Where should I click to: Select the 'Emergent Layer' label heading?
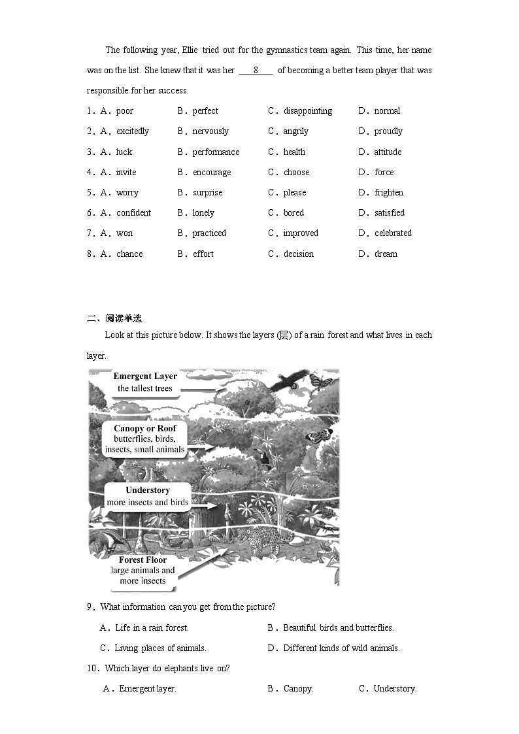click(x=145, y=376)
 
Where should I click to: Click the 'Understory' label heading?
click(x=148, y=490)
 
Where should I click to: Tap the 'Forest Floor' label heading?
click(x=142, y=560)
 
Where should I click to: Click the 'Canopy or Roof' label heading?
click(x=145, y=429)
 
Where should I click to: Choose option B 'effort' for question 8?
click(x=203, y=254)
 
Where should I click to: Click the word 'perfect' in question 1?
click(x=205, y=111)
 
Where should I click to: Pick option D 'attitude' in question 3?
click(x=388, y=152)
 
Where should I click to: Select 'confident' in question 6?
click(x=133, y=213)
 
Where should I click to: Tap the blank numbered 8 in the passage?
click(x=256, y=71)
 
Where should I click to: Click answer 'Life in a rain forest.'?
click(x=152, y=628)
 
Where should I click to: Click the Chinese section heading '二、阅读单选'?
click(x=114, y=319)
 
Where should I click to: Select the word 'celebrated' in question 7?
click(x=393, y=233)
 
